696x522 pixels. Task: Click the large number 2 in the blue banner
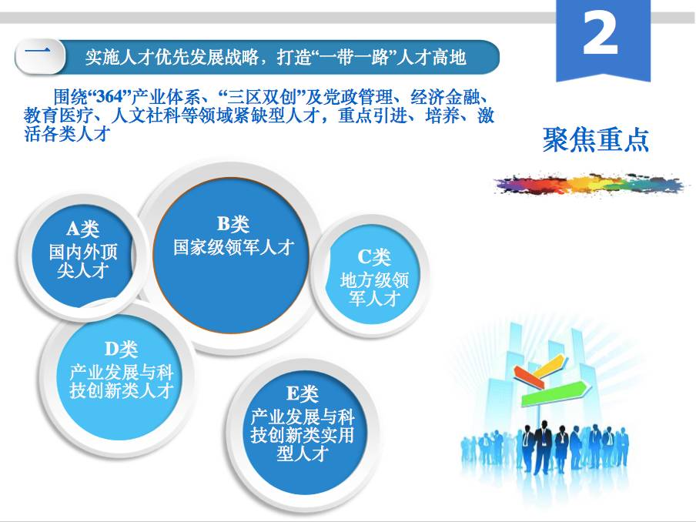tap(600, 33)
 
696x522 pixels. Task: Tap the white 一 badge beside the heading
tap(39, 56)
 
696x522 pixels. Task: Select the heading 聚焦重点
tap(596, 140)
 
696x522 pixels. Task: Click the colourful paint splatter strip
tap(590, 183)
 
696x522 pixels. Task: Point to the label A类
tap(82, 229)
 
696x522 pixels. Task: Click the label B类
tap(233, 223)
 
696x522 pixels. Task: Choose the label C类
tap(373, 256)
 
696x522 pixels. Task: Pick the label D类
tap(121, 349)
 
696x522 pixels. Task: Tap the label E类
tap(303, 393)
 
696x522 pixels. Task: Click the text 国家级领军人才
tap(233, 247)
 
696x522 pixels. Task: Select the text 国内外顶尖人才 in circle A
tap(83, 261)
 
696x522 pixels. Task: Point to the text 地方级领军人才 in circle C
tap(374, 289)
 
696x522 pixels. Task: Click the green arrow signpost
tap(556, 393)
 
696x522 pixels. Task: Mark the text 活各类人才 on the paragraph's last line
tap(66, 133)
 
